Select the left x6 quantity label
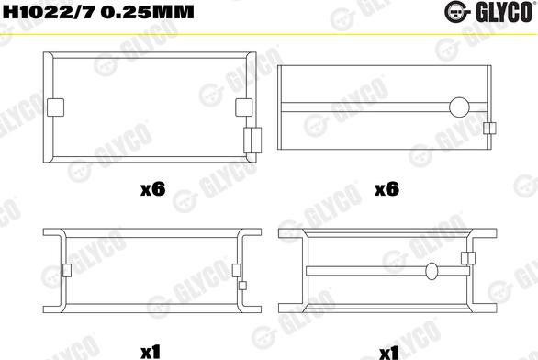151,190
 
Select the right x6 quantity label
386,190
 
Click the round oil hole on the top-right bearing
458,107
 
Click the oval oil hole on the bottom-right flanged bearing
431,270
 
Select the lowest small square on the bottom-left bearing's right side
241,285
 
